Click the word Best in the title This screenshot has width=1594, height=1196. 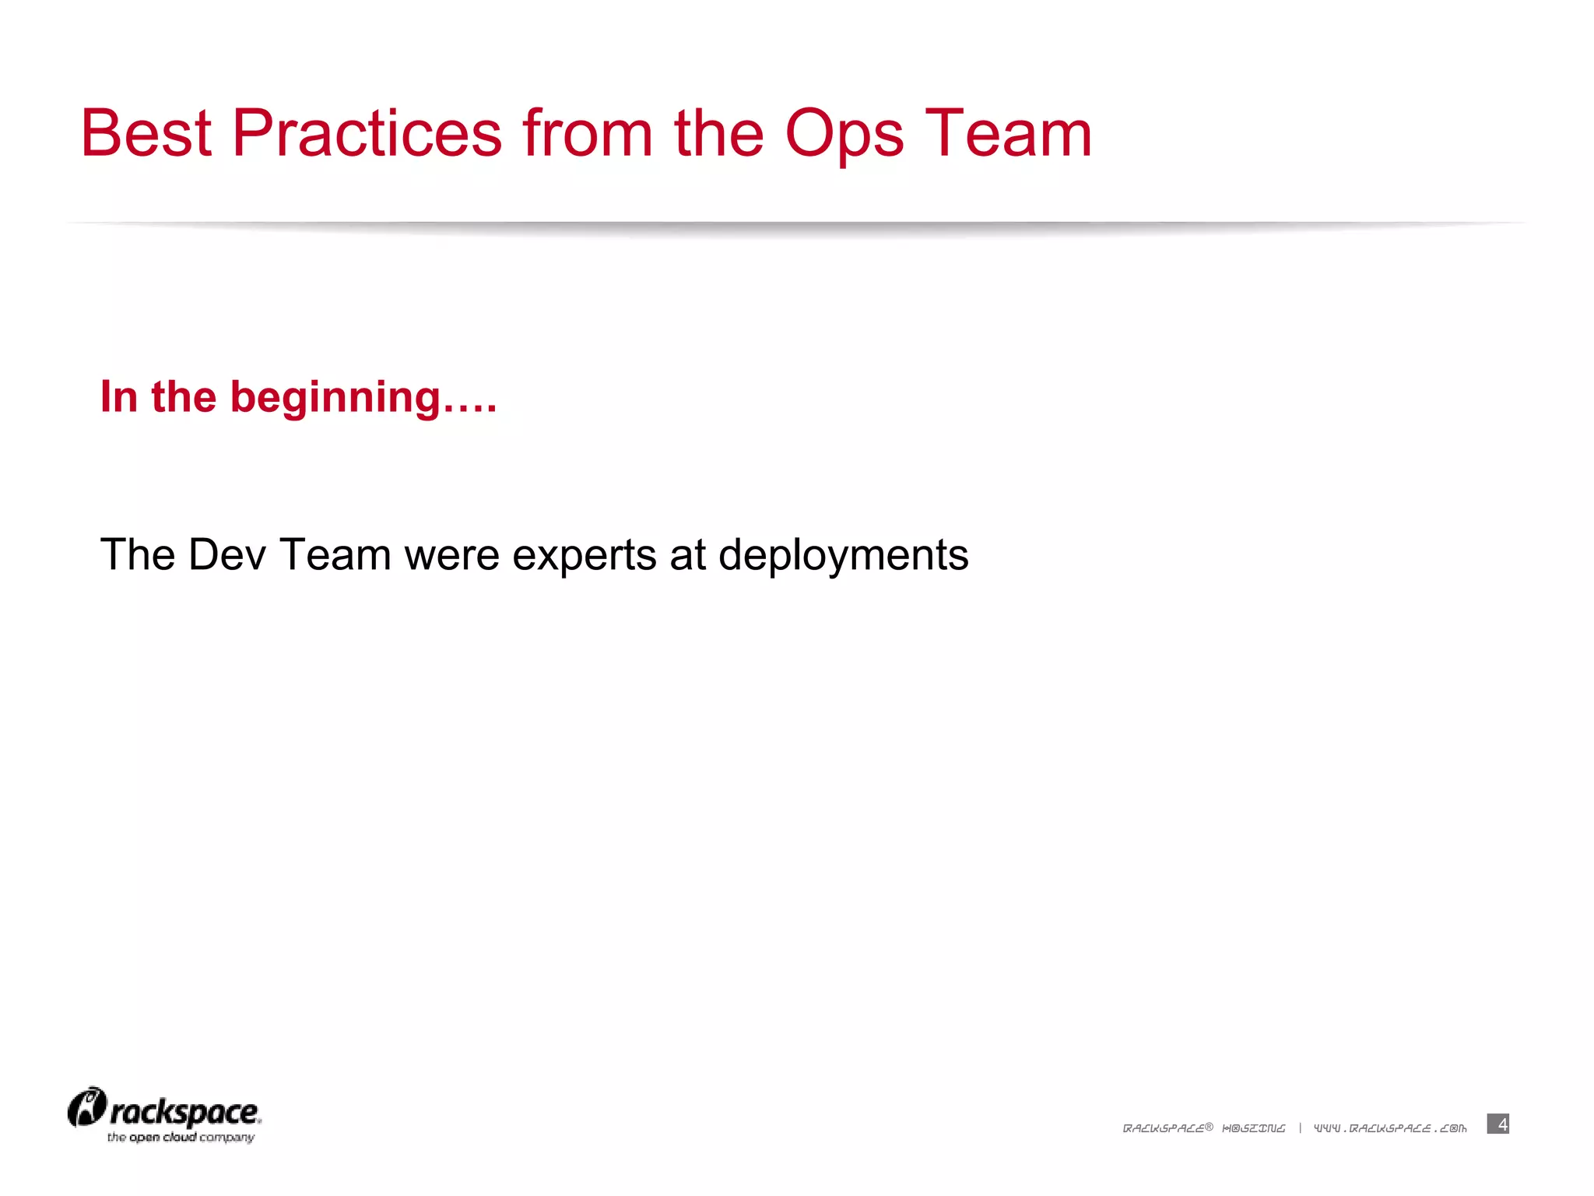[146, 133]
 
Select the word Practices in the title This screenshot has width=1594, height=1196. [367, 133]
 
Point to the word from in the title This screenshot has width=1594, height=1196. [588, 133]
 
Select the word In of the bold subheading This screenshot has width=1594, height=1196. [119, 396]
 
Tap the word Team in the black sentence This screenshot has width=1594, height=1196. [335, 555]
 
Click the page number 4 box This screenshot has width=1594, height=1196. [1497, 1124]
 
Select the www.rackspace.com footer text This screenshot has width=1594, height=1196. [1390, 1128]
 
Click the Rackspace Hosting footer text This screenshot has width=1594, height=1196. [1203, 1128]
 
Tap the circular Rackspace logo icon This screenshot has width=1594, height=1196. [86, 1107]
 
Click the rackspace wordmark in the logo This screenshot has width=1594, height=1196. [184, 1112]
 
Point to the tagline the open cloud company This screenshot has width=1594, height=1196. [181, 1138]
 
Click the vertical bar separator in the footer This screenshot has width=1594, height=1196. [1300, 1128]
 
